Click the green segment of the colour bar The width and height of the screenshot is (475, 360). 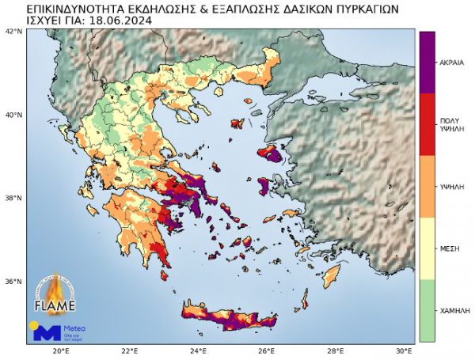coord(427,310)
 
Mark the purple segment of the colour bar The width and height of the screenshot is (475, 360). coord(427,62)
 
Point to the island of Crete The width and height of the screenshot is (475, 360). coord(230,316)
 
